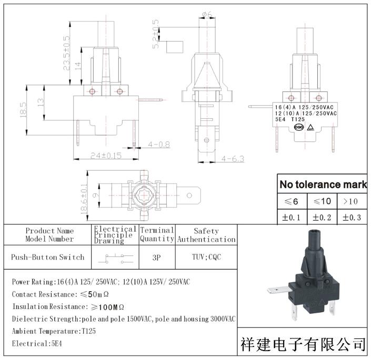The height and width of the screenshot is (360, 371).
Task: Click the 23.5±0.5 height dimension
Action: click(66, 53)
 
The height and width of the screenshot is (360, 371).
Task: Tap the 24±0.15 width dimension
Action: click(106, 156)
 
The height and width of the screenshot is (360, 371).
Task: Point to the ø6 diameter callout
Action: click(207, 15)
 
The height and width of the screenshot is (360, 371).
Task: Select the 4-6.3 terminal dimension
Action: click(233, 159)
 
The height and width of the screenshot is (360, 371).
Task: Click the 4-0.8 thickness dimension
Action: click(159, 145)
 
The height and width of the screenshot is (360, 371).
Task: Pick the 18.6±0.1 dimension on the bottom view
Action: click(84, 199)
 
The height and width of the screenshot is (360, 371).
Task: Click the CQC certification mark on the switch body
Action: click(299, 127)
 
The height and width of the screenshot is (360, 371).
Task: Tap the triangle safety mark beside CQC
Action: click(310, 128)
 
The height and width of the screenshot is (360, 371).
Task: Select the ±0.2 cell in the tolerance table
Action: click(322, 218)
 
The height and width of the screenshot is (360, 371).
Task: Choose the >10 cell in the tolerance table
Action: click(352, 201)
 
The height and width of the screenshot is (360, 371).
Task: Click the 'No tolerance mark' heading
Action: click(323, 184)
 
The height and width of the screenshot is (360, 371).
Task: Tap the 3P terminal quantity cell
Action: click(157, 257)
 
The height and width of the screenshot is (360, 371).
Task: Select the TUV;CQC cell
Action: click(206, 257)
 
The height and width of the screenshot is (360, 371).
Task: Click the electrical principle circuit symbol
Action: click(116, 259)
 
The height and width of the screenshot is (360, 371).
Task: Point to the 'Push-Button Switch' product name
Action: click(47, 257)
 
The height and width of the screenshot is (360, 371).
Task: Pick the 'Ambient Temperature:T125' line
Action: click(54, 331)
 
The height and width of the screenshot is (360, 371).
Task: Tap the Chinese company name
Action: click(303, 344)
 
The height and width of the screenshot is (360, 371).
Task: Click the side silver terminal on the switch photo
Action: click(278, 290)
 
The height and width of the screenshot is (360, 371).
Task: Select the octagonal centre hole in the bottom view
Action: click(144, 196)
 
